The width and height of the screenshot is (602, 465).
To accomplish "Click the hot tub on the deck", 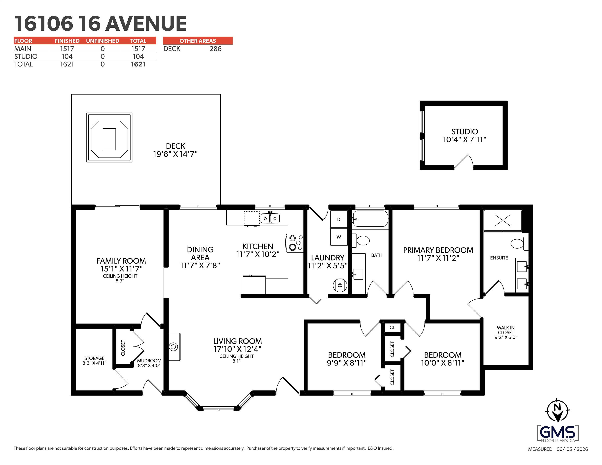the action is [x=109, y=137].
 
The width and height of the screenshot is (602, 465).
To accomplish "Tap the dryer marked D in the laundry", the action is [x=339, y=219].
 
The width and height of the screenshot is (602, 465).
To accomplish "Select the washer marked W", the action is [x=339, y=237].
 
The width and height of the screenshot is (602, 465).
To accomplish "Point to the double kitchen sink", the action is [x=270, y=218].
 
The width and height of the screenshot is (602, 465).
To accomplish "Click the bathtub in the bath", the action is [x=370, y=219].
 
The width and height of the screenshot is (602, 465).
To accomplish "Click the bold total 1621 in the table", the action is [x=138, y=64].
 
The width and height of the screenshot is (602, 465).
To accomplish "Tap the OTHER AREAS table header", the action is [x=198, y=41].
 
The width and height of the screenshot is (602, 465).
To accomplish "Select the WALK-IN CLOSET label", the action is [x=506, y=332].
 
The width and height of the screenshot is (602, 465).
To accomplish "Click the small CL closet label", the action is [x=392, y=327].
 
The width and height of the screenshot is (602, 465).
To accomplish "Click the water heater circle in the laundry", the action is [x=340, y=285].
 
